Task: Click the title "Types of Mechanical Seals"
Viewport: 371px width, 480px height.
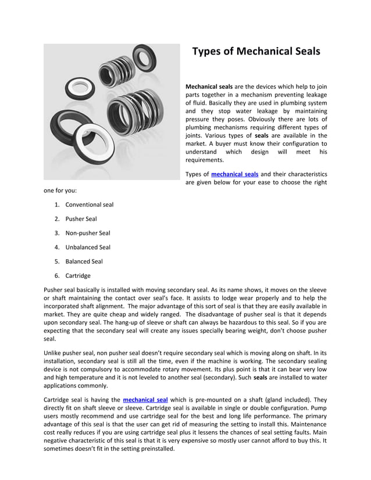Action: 256,51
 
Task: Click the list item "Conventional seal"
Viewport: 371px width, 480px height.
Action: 89,205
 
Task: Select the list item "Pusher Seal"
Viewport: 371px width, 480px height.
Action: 81,219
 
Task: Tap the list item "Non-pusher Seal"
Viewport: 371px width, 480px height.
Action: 87,233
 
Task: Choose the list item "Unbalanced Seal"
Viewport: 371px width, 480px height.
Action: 87,247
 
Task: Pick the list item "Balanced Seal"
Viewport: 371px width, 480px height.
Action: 84,262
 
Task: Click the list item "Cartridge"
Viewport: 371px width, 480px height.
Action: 78,275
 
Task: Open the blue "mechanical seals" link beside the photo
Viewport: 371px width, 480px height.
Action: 234,174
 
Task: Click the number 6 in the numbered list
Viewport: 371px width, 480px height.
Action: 56,275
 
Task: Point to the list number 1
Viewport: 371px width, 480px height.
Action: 56,205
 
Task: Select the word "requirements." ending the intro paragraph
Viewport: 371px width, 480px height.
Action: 204,160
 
